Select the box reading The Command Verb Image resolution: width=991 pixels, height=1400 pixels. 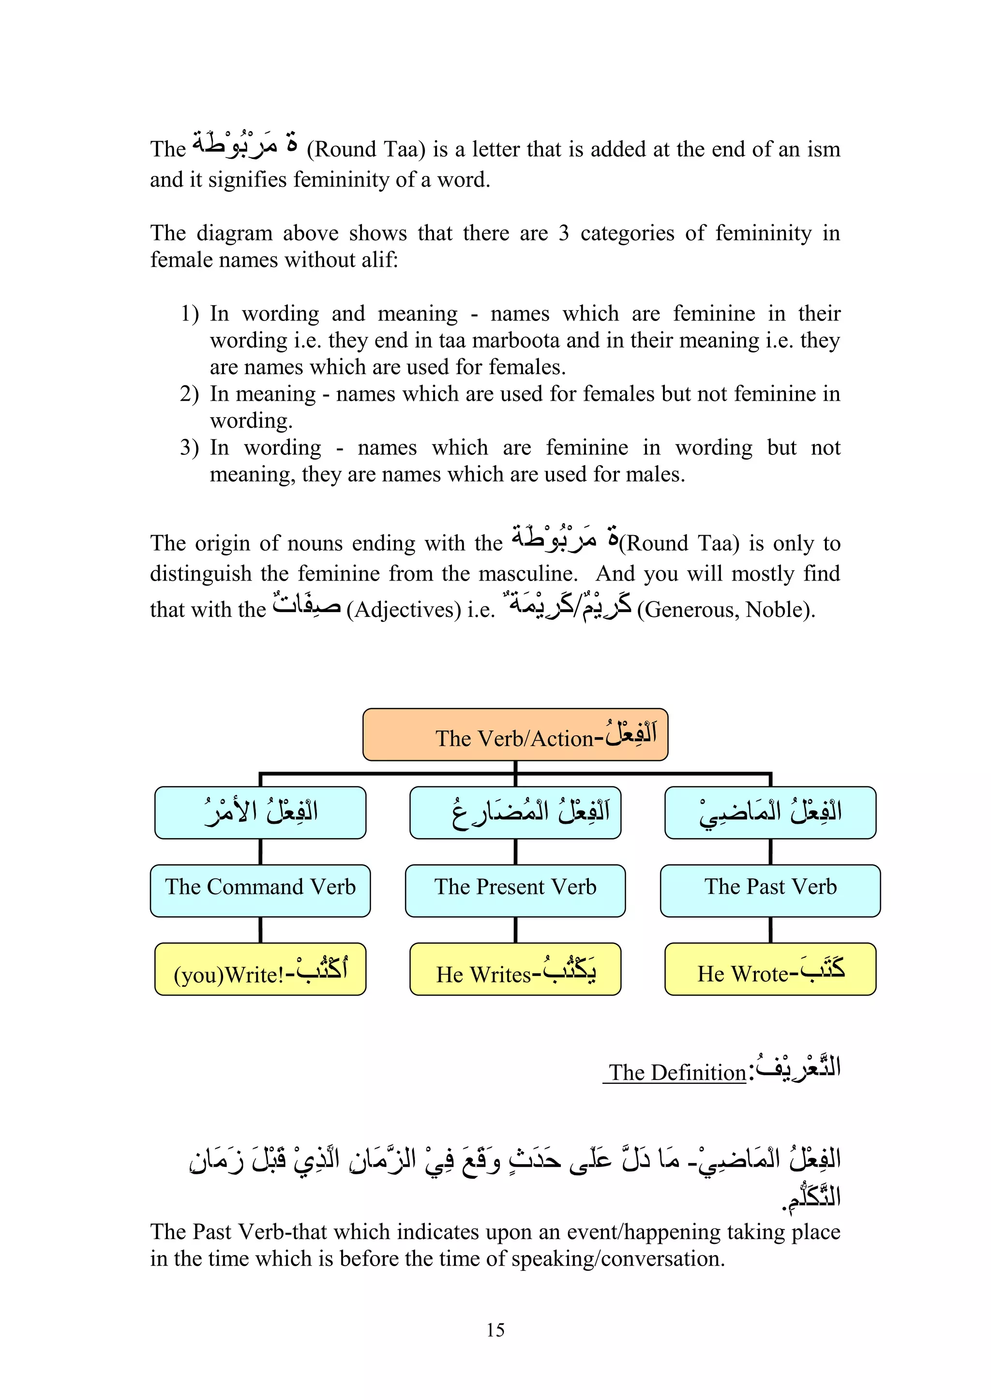point(260,890)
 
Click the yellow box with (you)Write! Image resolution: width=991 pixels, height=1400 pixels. point(260,969)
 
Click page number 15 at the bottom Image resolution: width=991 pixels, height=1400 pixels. point(495,1330)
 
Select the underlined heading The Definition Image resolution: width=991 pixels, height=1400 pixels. point(677,1073)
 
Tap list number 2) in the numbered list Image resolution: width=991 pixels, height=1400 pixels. point(189,394)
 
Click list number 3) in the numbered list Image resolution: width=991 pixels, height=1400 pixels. point(189,448)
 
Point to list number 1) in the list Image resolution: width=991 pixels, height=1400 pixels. point(189,313)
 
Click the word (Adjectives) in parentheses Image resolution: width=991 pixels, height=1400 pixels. point(404,609)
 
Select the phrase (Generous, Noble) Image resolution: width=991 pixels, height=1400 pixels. point(726,609)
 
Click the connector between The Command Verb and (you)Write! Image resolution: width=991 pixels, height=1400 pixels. point(260,930)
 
